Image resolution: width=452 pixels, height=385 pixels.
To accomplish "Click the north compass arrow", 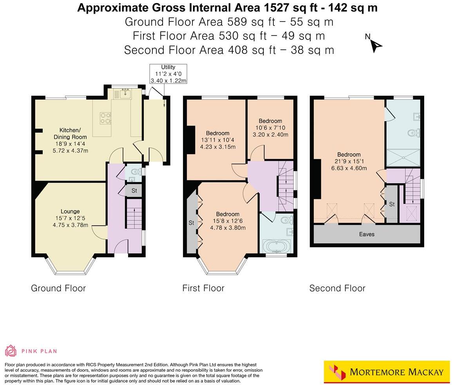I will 376,46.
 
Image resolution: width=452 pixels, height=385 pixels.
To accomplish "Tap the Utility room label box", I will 168,74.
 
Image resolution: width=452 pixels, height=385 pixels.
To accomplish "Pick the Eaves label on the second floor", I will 367,235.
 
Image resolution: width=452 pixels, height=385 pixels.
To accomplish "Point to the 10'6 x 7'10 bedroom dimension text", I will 270,128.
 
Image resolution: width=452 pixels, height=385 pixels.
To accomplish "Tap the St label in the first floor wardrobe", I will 192,223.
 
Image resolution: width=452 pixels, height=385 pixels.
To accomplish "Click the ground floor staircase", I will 134,213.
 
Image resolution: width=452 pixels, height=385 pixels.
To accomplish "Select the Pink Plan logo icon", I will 11,351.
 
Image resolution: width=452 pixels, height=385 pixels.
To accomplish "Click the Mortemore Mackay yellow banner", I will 387,372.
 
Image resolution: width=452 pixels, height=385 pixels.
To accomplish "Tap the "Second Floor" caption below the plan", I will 337,288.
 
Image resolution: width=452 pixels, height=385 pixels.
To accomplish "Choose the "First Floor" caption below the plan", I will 203,288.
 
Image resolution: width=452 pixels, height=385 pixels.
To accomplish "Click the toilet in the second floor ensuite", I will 413,133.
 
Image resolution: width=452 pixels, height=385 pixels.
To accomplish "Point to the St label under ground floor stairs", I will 134,191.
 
